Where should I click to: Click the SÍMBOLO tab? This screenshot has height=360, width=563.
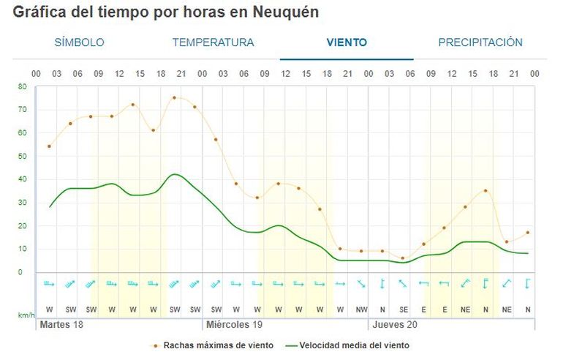[79, 42]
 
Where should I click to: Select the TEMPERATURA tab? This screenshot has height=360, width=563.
[213, 42]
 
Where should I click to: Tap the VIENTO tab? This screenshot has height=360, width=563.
[347, 42]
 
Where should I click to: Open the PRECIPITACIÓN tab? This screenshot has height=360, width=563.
[480, 42]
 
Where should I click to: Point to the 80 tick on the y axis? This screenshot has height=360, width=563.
[22, 86]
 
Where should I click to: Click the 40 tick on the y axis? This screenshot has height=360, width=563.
[22, 179]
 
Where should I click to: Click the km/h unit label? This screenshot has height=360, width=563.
[25, 315]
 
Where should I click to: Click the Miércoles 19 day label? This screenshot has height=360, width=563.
[235, 323]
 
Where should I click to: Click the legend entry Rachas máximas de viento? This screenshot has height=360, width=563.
[218, 345]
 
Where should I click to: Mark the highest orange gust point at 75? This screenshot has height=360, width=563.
[174, 97]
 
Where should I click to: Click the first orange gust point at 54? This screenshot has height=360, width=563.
[49, 146]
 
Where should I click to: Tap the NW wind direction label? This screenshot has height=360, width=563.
[361, 310]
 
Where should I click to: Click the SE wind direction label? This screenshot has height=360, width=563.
[403, 310]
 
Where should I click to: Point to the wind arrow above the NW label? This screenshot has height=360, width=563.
[361, 284]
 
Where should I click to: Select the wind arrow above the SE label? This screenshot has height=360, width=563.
[403, 284]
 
